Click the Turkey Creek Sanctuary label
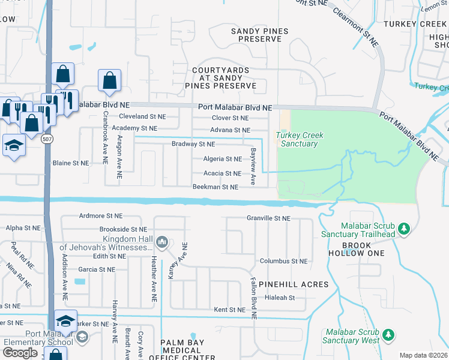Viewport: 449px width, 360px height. pos(300,139)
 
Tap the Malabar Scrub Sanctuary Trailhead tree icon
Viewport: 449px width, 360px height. pos(404,228)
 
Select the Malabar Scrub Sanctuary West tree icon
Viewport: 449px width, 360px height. pos(388,334)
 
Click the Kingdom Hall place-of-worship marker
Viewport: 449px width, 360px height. pos(161,242)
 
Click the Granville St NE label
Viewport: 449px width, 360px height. pos(268,219)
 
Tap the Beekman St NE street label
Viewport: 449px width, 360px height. pos(215,187)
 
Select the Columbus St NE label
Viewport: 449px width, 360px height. pos(283,261)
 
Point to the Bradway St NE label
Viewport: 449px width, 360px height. pos(193,145)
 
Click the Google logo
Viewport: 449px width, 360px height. pos(20,353)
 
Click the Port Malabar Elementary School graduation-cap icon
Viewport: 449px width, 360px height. pos(66,319)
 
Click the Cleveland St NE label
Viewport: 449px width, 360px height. pos(142,116)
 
